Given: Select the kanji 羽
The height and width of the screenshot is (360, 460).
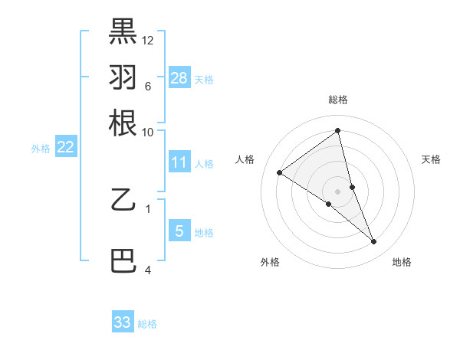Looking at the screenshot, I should click(123, 77).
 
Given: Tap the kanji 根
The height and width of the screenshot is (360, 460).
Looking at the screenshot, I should click(123, 123).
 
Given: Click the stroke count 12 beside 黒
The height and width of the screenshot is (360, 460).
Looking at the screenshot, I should click(148, 40).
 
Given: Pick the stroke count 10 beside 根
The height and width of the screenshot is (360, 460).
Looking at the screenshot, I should click(148, 132).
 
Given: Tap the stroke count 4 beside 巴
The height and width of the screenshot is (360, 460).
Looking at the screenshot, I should click(148, 270).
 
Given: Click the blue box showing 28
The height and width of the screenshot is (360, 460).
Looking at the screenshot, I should click(179, 77).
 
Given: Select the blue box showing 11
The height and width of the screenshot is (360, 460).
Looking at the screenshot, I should click(179, 162).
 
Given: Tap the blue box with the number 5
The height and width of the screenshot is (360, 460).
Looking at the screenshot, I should click(179, 231).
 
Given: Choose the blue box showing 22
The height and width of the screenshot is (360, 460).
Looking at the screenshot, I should click(66, 147).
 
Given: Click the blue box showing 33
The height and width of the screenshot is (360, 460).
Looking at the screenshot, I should click(123, 322).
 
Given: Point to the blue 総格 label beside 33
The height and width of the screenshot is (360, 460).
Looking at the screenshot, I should click(148, 324).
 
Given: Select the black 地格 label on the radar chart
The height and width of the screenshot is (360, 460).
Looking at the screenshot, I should click(402, 262).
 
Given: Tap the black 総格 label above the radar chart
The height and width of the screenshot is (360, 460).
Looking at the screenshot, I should click(338, 100).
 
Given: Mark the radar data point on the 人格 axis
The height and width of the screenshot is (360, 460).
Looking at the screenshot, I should click(280, 172).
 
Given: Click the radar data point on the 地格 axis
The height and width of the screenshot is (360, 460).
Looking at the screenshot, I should click(374, 241).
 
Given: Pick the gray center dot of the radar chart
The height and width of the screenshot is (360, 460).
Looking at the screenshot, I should click(338, 191).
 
